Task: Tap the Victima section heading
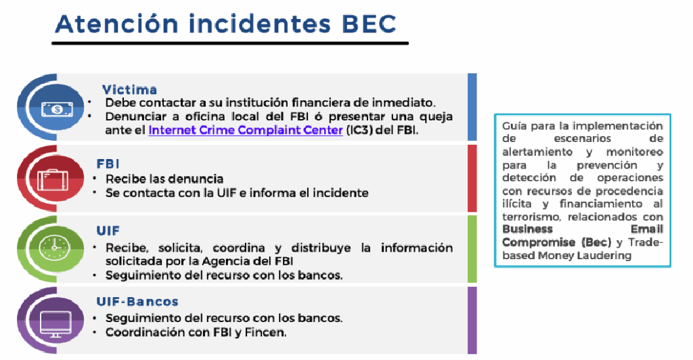129,90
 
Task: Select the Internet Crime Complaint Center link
246,130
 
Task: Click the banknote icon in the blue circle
57,109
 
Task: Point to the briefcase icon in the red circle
53,180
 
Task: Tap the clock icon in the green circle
54,248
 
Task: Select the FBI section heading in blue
108,164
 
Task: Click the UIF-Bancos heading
137,302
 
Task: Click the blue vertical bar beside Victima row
472,107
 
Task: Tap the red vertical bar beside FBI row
472,179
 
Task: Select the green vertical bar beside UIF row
472,249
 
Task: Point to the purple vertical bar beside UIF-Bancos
472,320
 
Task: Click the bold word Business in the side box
527,229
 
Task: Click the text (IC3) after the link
359,130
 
